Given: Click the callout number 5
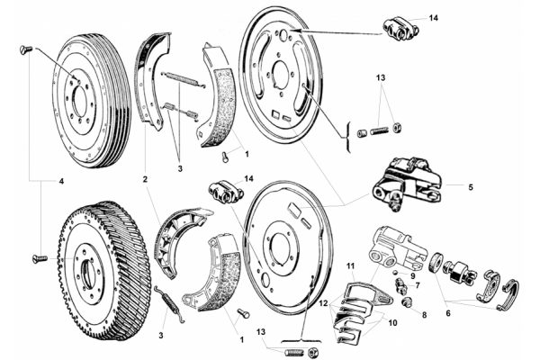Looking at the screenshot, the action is [x=471, y=187].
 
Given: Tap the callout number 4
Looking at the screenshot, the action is [x=61, y=181].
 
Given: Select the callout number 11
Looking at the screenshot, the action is [x=351, y=266].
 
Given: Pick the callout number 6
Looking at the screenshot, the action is [x=447, y=313].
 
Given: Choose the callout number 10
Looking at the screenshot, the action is [x=392, y=323].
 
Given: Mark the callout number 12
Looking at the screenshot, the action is [x=323, y=304].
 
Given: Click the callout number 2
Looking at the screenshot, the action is [x=145, y=179].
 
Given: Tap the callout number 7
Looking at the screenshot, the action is [x=418, y=285].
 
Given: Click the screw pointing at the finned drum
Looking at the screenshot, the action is [x=40, y=258].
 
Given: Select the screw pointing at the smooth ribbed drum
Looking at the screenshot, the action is [x=26, y=50].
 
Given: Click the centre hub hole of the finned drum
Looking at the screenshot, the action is [x=88, y=267].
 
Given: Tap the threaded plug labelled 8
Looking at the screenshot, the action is [x=407, y=302].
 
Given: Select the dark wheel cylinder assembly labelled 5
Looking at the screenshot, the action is [x=407, y=183].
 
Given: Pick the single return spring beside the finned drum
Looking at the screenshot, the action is [x=170, y=305].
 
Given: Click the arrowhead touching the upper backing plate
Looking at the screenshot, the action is [x=298, y=31].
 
